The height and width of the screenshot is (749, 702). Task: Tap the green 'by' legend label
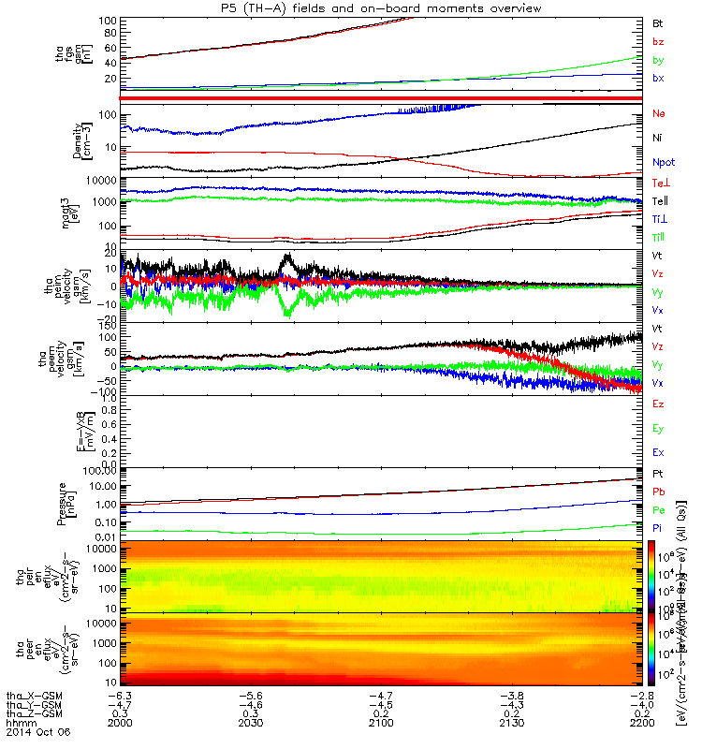click(x=658, y=59)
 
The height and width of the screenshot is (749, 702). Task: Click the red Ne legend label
click(x=659, y=113)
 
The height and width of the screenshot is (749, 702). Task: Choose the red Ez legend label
click(x=659, y=404)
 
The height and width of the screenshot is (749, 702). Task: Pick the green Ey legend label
click(x=659, y=428)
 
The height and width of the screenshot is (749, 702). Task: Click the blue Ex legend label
click(x=659, y=452)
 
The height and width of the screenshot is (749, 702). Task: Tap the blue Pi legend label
click(x=658, y=529)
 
